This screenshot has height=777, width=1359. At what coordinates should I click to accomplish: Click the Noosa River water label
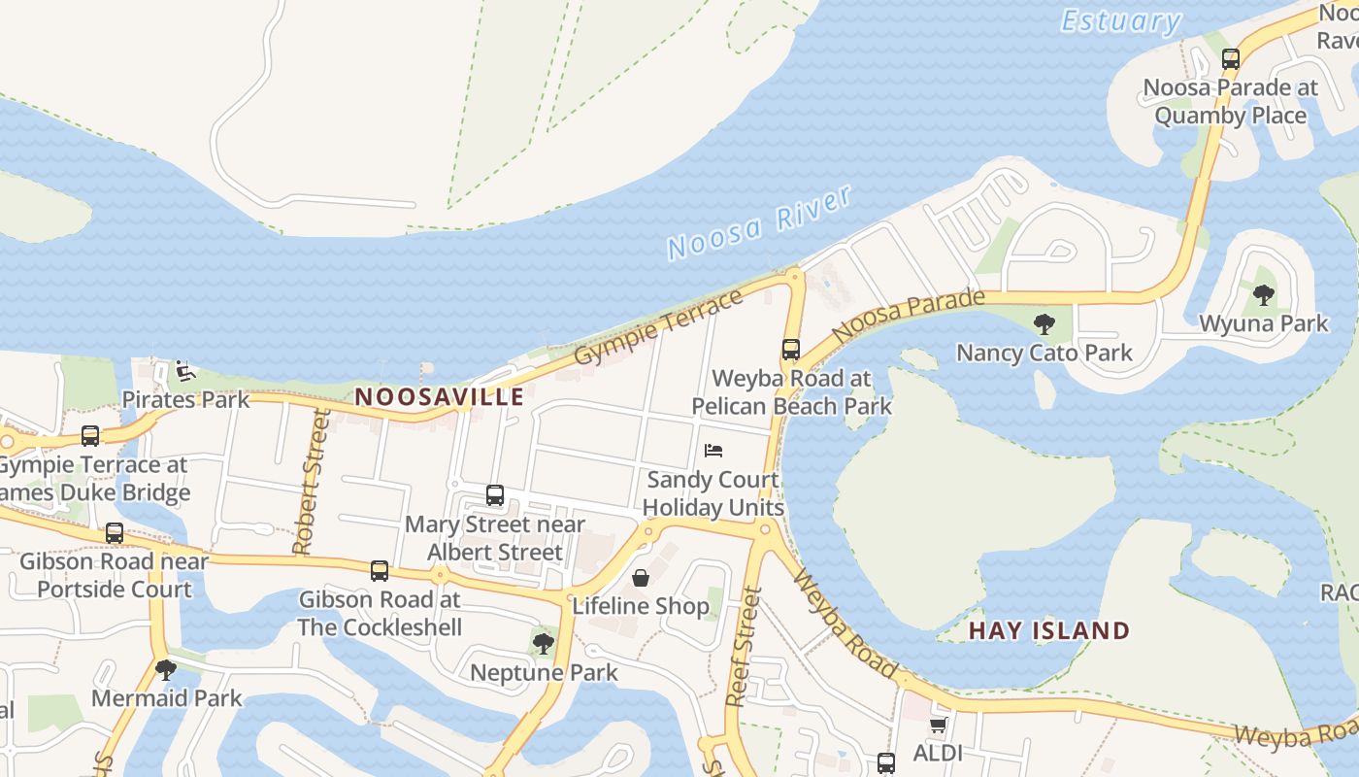click(759, 222)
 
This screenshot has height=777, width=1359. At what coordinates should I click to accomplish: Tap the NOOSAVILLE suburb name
click(440, 396)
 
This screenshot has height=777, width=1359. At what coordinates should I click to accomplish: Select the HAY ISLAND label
click(1049, 630)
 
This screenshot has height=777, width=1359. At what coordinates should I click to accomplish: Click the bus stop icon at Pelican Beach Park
click(791, 350)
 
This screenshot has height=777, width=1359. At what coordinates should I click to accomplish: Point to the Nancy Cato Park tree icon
click(1044, 323)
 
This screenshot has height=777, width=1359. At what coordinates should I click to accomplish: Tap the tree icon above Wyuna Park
click(1263, 294)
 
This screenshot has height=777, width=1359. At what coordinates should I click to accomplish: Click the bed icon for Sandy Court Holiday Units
click(713, 451)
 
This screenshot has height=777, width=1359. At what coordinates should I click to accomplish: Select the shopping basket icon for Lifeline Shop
click(641, 578)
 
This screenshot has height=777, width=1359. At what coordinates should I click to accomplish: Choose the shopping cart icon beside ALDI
click(938, 725)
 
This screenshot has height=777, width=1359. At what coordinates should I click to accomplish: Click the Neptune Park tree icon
click(543, 643)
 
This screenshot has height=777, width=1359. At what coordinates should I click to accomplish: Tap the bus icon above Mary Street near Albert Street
click(495, 495)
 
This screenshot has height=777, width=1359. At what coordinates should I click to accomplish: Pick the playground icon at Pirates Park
click(184, 370)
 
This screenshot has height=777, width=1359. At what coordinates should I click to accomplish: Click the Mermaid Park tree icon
click(166, 669)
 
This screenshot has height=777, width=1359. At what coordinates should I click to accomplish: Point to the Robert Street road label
click(310, 483)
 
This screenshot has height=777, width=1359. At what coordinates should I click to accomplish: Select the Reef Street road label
click(743, 646)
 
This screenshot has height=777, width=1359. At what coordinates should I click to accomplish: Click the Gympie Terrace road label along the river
click(658, 326)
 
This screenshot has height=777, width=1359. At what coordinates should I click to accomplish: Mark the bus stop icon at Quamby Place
click(1231, 58)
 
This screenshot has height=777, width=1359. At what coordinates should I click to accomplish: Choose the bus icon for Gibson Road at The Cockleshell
click(380, 570)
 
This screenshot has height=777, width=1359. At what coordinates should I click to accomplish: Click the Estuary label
click(1120, 20)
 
